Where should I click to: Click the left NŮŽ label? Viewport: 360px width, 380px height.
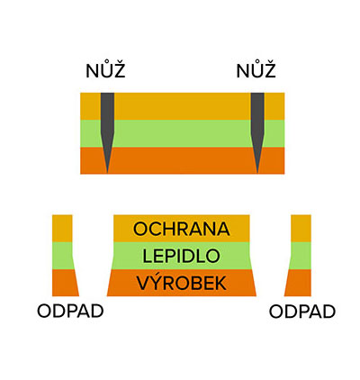coord(105,71)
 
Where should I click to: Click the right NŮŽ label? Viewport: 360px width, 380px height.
coord(256,71)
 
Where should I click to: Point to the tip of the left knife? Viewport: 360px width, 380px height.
coord(107,173)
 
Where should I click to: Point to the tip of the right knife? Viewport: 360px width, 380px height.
coord(257,173)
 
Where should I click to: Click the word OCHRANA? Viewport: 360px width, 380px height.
coord(182,229)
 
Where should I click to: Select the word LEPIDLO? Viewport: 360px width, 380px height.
coord(181,257)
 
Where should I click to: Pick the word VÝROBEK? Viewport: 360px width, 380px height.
coord(182,282)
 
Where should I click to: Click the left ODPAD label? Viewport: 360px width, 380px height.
coord(70,312)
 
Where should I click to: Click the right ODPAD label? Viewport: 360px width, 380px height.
coord(302,312)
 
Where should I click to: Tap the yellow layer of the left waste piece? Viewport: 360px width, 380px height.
coord(62,229)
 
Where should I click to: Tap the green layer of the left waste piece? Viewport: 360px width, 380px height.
coord(62,256)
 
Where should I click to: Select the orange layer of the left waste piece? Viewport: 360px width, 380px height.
coord(65,283)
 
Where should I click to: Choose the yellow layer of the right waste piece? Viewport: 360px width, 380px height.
coord(301,229)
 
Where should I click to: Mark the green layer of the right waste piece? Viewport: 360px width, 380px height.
coord(301,256)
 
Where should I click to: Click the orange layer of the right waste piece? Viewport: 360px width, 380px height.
coord(299,283)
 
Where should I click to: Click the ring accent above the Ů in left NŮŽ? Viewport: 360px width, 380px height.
coord(105,64)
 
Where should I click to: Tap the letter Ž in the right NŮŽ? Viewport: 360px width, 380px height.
coord(269,71)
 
